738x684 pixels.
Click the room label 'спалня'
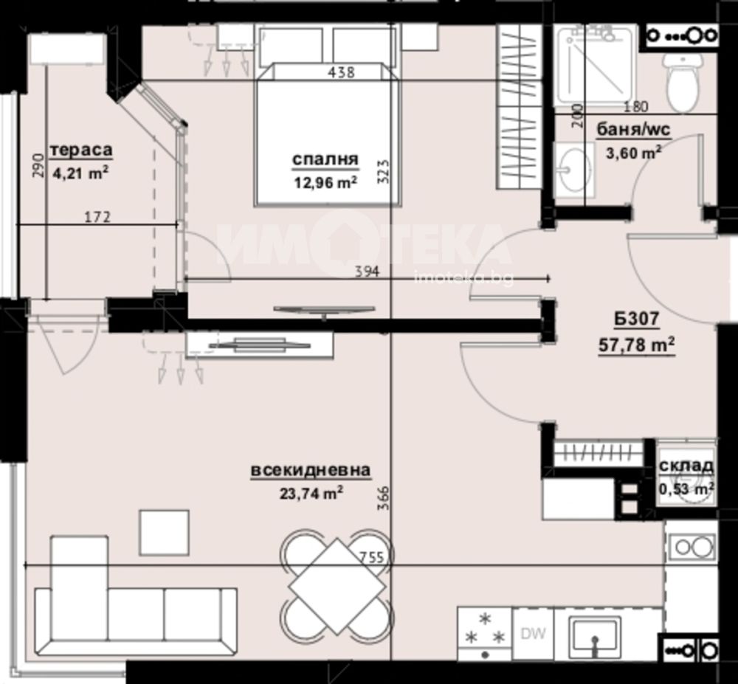tap(325, 160)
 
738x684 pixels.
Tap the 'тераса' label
tap(81, 150)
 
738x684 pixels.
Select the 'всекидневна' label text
tap(311, 470)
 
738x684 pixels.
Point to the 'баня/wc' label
tap(633, 129)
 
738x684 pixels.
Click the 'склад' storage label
tap(686, 466)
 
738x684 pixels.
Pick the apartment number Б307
tap(636, 319)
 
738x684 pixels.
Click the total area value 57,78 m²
tap(637, 345)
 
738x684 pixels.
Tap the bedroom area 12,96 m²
tap(325, 182)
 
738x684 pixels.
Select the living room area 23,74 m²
tap(311, 493)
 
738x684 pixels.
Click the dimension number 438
tap(341, 72)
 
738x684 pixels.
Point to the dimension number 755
tap(372, 557)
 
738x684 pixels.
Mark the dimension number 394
tap(367, 272)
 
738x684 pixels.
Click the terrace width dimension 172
tap(97, 217)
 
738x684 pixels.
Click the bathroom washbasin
tap(573, 170)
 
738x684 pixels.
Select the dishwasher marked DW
tap(533, 634)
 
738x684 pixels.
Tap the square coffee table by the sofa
tap(164, 533)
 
